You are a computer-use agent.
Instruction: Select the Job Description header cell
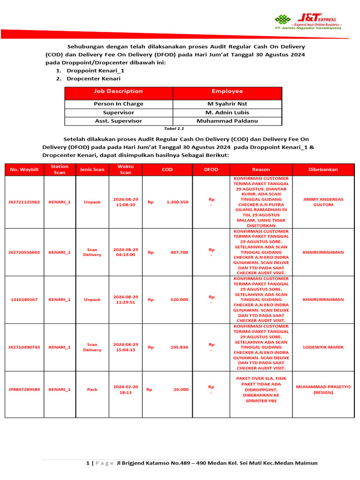coord(118,91)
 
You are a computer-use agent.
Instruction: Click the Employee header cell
coord(227,91)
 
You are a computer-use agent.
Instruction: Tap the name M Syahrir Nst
coord(227,104)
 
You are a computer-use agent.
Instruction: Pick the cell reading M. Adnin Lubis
coord(227,112)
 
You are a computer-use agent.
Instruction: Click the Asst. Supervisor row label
coord(118,121)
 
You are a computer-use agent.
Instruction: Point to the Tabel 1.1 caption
coord(173,128)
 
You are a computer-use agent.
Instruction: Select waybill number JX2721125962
coord(24,202)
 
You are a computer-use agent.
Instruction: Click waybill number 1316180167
coord(24,300)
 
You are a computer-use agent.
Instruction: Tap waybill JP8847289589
coord(24,390)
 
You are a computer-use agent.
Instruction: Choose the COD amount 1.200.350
coord(177,202)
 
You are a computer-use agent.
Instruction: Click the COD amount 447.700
coord(179,252)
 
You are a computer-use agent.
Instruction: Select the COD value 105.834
coord(179,347)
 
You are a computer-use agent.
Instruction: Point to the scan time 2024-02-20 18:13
coord(126,390)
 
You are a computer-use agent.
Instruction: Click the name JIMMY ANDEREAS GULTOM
coord(323,202)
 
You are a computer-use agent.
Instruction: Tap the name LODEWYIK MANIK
coord(323,347)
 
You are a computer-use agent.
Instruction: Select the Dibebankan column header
coord(323,170)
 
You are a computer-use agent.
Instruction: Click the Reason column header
coord(261,170)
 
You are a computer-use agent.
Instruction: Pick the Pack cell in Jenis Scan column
coord(92,390)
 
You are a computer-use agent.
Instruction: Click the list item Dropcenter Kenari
coord(87,79)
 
